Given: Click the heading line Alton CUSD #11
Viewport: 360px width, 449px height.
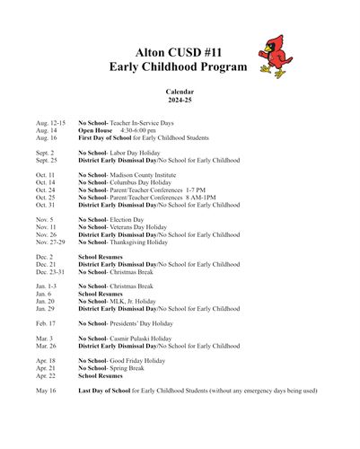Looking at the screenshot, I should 180,51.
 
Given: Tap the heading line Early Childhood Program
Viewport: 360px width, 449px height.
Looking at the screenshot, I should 180,67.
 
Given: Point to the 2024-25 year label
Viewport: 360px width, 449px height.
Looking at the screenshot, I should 180,100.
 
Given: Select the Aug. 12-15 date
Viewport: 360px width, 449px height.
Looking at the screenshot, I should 50,122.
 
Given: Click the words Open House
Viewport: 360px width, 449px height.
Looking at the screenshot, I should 95,130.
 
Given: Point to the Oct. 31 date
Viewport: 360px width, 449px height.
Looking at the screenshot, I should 46,205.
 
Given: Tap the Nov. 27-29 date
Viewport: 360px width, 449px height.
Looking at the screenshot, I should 50,242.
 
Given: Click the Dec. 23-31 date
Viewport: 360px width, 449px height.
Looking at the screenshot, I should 50,271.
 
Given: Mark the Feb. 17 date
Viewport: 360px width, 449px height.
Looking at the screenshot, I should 46,322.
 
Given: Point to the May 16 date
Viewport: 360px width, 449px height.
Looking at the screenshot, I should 46,391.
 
